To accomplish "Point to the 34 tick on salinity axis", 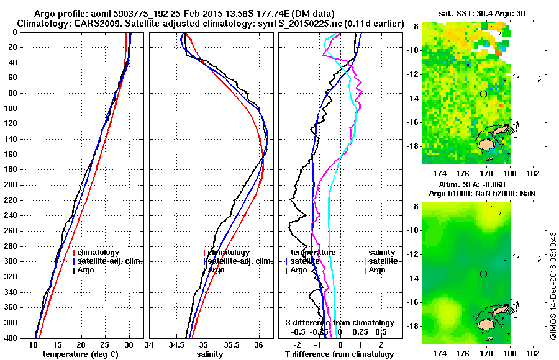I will pos(150,345).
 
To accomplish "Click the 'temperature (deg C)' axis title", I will pos(81,354).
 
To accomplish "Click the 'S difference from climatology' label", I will pos(339,323).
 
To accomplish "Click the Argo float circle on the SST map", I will pos(483,94).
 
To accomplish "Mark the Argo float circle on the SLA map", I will pos(483,274).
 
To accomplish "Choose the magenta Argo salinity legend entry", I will pos(377,270).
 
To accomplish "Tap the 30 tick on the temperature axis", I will pos(129,345).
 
